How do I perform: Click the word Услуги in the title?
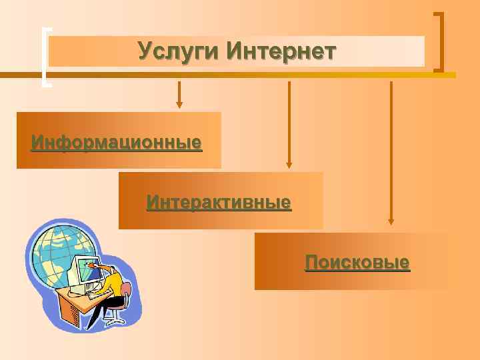(x=179, y=51)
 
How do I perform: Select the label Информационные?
(x=117, y=143)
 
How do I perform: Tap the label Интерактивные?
(x=219, y=202)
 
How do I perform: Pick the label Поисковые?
(x=357, y=262)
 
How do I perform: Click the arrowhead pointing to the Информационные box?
(x=179, y=103)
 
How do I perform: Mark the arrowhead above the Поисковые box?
(x=391, y=221)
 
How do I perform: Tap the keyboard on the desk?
(x=93, y=294)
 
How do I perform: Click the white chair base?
(x=115, y=319)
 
